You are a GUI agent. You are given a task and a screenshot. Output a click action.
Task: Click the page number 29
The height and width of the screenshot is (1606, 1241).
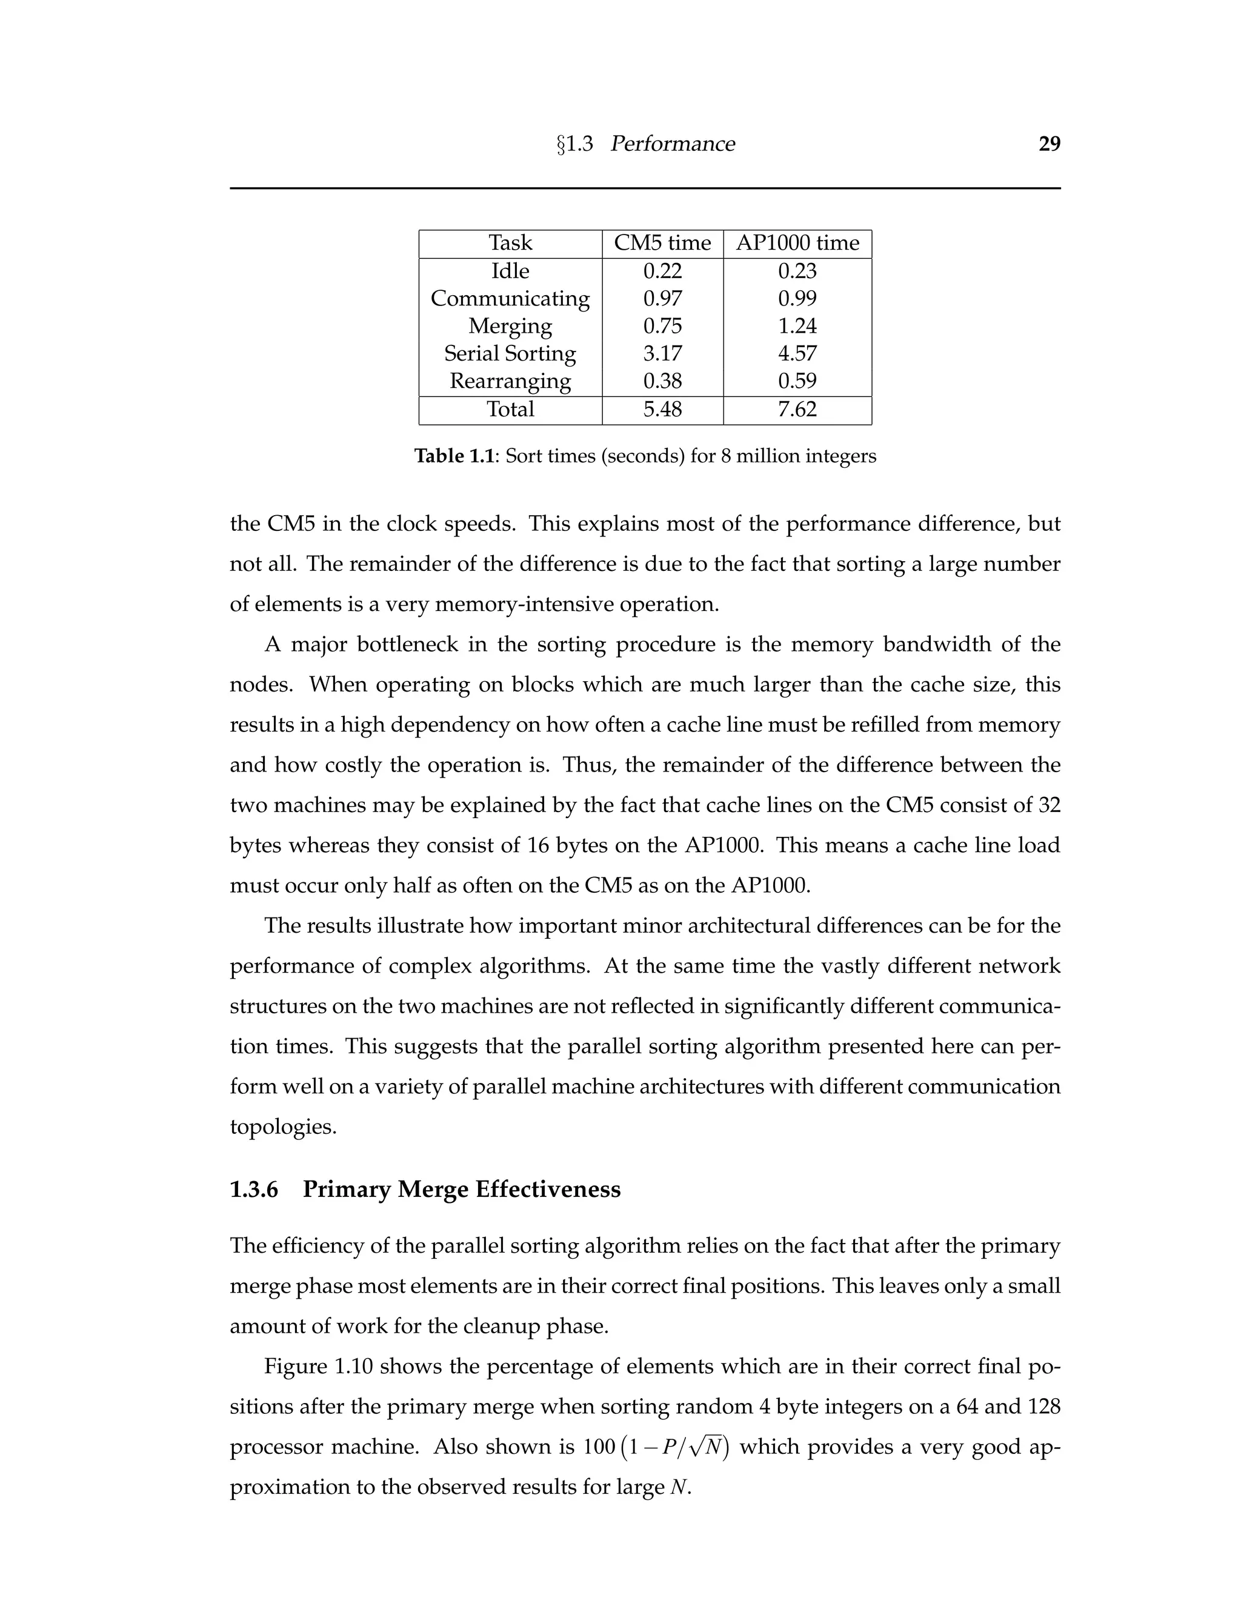(1049, 144)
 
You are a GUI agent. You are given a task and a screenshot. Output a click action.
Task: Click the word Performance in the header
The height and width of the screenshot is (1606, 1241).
(672, 144)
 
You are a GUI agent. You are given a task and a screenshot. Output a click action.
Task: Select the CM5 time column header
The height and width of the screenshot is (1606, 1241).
(662, 244)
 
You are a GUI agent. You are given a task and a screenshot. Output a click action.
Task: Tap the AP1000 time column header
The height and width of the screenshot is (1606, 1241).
(797, 244)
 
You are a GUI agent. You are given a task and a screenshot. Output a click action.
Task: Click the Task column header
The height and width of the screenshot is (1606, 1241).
(510, 244)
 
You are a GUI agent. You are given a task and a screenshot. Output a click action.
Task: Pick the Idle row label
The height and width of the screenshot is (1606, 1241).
(510, 272)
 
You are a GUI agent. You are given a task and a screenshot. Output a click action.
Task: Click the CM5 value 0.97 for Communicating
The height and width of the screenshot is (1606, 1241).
(662, 299)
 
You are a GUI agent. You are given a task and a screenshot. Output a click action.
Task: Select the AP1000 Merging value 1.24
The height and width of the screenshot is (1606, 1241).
(797, 326)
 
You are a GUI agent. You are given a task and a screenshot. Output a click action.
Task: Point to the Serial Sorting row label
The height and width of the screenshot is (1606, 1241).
(510, 354)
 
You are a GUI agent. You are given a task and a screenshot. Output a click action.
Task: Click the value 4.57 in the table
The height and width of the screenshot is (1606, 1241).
(797, 354)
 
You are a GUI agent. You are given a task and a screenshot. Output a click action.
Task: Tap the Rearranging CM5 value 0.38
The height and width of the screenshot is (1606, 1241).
(662, 381)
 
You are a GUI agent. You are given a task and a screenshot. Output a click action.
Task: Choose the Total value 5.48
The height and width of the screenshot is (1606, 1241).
(662, 410)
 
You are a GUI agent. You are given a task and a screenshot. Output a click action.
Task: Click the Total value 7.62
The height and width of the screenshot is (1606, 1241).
(797, 410)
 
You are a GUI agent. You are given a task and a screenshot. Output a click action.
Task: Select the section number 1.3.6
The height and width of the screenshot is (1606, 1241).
(254, 1190)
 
